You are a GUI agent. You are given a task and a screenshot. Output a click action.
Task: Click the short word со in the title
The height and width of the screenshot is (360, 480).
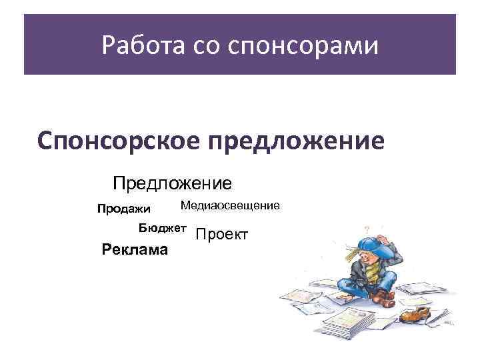205,47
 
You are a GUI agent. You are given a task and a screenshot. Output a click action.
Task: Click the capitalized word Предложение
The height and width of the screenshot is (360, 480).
172,182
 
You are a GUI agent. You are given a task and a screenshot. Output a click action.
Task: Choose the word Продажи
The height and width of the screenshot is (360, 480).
124,209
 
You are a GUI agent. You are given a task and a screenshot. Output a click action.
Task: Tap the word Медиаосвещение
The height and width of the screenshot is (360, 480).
230,206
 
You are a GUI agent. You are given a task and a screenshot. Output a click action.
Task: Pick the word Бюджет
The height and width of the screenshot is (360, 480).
163,228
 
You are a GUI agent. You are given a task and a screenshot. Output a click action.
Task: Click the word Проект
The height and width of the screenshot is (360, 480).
222,235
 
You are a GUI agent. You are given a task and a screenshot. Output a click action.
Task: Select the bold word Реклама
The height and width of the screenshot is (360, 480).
134,250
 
